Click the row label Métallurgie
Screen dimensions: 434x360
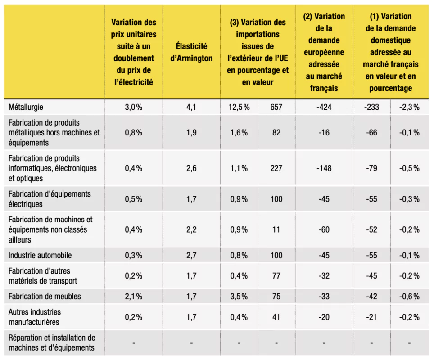26,107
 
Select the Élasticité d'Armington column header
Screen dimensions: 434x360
191,52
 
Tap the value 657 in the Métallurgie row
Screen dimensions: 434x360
276,107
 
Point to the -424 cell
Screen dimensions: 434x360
324,107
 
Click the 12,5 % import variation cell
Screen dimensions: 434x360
239,107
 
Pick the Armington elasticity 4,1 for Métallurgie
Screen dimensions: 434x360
191,107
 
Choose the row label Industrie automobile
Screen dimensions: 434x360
40,255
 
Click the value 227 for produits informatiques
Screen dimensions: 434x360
276,168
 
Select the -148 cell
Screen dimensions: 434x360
324,168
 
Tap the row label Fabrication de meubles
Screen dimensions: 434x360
45,297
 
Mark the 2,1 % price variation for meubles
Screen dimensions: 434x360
133,297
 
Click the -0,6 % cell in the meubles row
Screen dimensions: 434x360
409,297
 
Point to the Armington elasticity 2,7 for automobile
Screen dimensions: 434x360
191,255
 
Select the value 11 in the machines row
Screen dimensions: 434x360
276,229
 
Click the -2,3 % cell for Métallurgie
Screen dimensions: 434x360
409,107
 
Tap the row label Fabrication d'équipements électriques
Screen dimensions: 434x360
50,199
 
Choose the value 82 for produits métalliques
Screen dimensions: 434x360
276,133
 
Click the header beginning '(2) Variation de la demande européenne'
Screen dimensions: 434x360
324,52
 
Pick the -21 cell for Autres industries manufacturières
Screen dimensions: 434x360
371,317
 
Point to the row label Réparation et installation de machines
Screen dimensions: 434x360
52,342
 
